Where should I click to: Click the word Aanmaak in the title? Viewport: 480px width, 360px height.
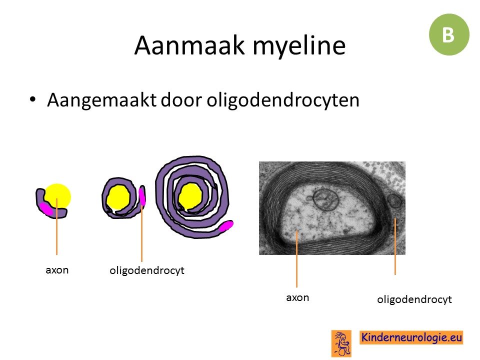click(190, 45)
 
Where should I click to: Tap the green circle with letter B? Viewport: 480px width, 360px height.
click(449, 34)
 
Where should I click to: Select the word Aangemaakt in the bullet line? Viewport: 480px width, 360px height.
click(101, 100)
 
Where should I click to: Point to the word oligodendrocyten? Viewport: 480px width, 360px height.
click(283, 100)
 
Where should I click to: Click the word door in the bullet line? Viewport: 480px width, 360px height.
click(181, 100)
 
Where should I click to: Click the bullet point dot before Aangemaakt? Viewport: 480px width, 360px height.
click(33, 100)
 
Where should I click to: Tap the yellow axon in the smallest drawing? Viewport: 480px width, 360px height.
click(58, 196)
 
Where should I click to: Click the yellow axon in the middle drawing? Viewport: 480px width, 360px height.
click(118, 198)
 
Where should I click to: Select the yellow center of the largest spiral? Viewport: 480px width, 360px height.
click(190, 197)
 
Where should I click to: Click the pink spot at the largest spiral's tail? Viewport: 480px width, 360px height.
click(226, 225)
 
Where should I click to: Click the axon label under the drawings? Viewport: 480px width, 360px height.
click(57, 270)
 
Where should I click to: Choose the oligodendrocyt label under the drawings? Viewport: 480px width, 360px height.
click(147, 270)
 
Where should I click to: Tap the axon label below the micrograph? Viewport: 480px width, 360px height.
click(297, 297)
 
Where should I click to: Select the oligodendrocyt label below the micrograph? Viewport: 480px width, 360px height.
click(414, 299)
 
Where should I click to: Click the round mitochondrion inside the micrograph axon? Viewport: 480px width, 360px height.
click(325, 199)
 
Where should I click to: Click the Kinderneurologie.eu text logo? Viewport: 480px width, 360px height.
click(411, 337)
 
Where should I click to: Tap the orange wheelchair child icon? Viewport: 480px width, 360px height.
click(341, 343)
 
